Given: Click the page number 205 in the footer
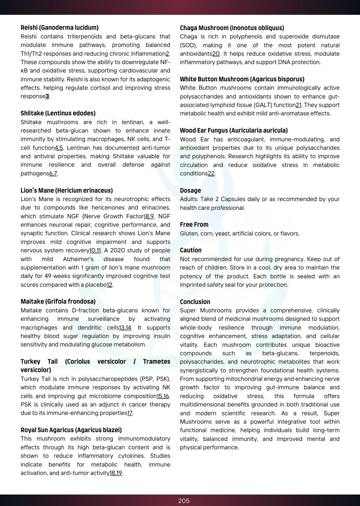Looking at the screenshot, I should coord(184,501).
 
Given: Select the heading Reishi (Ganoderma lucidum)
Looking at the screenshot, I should coord(60,28).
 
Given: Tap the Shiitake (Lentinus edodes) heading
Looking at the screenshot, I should coord(58,113).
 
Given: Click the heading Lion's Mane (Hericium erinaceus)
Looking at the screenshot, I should coord(67,191).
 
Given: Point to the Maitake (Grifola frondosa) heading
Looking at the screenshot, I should coord(58,302).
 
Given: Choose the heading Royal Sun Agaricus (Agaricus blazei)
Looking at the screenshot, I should coord(71,430).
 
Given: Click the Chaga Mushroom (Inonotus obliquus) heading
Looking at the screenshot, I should coord(232,28).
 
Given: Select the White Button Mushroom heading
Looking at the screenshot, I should coord(242,79).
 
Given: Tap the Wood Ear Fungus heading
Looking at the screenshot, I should coord(234,131).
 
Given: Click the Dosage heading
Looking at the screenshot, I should coord(190,191).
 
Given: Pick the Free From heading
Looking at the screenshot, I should coord(194,225).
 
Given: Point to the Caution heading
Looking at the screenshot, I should coord(191,250).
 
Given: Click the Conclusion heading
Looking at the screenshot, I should coord(195,302).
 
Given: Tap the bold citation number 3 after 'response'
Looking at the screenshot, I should coord(47,96).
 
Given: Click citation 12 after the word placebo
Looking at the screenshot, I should coord(110,285).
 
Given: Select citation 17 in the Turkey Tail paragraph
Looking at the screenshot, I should coord(130,413).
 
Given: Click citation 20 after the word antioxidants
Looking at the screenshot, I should coord(216,54).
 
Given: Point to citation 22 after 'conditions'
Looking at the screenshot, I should coord(211,174).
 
